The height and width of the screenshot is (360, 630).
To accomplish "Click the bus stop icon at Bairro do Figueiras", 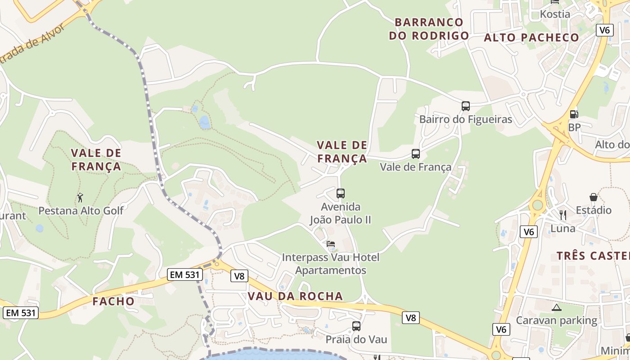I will pyautogui.click(x=466, y=106).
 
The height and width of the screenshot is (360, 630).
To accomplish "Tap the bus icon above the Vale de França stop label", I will pyautogui.click(x=416, y=154).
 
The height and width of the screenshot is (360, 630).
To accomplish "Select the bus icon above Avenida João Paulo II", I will pyautogui.click(x=341, y=193).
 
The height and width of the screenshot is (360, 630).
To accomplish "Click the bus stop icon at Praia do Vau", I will pyautogui.click(x=356, y=326).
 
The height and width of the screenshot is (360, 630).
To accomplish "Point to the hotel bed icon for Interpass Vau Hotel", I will pyautogui.click(x=331, y=244).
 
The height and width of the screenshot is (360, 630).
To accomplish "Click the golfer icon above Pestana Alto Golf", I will pyautogui.click(x=81, y=197).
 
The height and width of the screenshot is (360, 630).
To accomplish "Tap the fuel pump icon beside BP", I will pyautogui.click(x=574, y=115).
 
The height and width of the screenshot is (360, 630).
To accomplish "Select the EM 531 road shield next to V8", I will pyautogui.click(x=184, y=274).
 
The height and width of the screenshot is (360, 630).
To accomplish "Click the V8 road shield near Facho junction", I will pyautogui.click(x=239, y=276).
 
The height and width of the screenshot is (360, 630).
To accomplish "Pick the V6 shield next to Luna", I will pyautogui.click(x=529, y=232).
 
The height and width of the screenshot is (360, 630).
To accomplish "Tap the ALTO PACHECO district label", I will pyautogui.click(x=531, y=38).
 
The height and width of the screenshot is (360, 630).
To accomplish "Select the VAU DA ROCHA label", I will pyautogui.click(x=295, y=296).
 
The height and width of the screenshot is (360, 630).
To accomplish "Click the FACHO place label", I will pyautogui.click(x=113, y=301).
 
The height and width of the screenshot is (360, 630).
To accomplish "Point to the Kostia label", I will pyautogui.click(x=555, y=14).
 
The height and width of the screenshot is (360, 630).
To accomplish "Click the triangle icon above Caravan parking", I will pyautogui.click(x=557, y=308).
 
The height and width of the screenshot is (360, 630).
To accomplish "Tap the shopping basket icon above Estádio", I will pyautogui.click(x=594, y=197).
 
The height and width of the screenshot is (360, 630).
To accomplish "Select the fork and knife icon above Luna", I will pyautogui.click(x=562, y=215).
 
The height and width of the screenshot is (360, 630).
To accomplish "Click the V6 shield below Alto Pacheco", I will pyautogui.click(x=605, y=30).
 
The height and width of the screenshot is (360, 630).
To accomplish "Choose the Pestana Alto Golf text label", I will pyautogui.click(x=81, y=211).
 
